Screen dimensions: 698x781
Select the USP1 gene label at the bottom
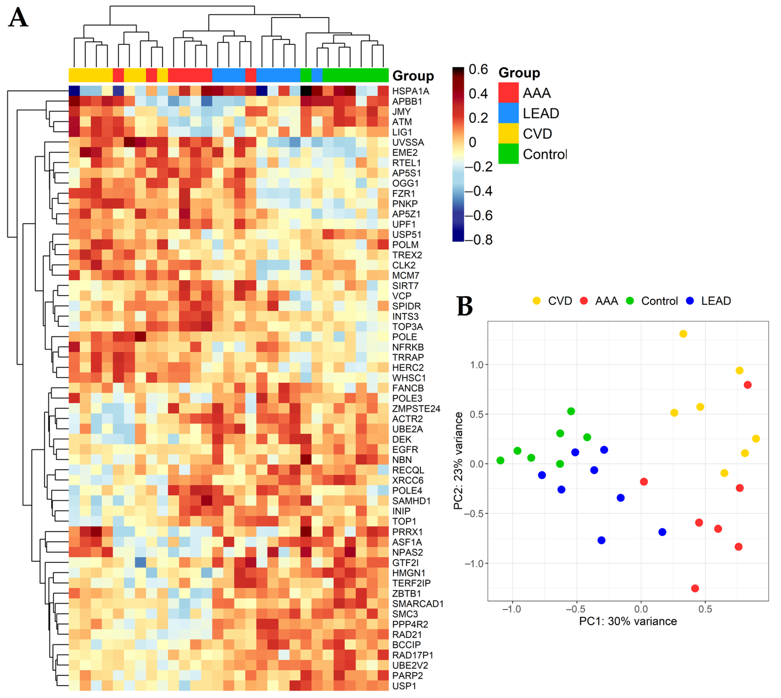click(404, 686)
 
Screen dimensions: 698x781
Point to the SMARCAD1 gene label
click(417, 604)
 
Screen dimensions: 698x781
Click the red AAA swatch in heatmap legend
click(508, 92)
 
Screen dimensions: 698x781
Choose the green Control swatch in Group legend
click(508, 153)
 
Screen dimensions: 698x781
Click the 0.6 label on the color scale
click(478, 69)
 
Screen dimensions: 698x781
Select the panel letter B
click(465, 306)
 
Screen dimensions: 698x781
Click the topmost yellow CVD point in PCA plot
click(683, 334)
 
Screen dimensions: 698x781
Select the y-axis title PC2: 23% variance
click(458, 461)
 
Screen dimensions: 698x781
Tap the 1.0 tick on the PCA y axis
click(477, 365)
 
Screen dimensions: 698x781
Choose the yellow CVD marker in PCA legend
click(536, 301)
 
